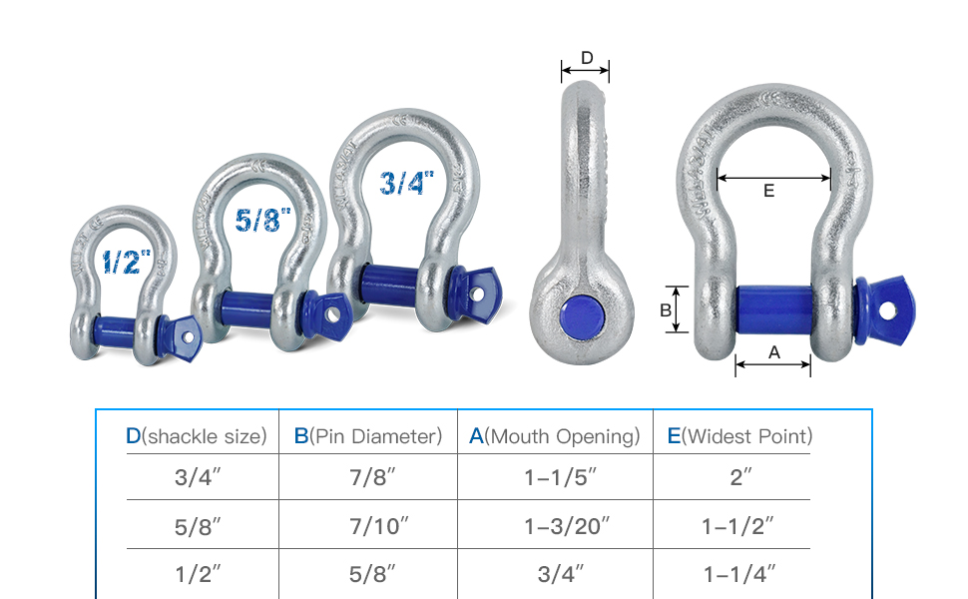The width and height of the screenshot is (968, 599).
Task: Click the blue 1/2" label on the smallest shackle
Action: [x=126, y=262]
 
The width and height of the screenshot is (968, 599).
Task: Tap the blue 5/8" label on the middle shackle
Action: [x=262, y=220]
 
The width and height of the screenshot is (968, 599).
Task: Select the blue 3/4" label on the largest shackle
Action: [x=406, y=183]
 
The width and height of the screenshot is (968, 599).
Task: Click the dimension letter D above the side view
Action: [x=587, y=58]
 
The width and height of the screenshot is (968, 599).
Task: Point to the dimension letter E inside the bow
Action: [x=768, y=191]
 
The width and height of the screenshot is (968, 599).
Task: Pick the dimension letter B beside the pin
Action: [x=666, y=310]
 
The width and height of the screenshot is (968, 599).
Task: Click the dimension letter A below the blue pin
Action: [x=774, y=352]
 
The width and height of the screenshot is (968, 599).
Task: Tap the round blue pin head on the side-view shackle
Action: [x=582, y=316]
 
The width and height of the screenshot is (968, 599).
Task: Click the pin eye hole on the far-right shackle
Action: [x=888, y=310]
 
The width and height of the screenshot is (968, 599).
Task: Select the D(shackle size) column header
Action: [x=197, y=436]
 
